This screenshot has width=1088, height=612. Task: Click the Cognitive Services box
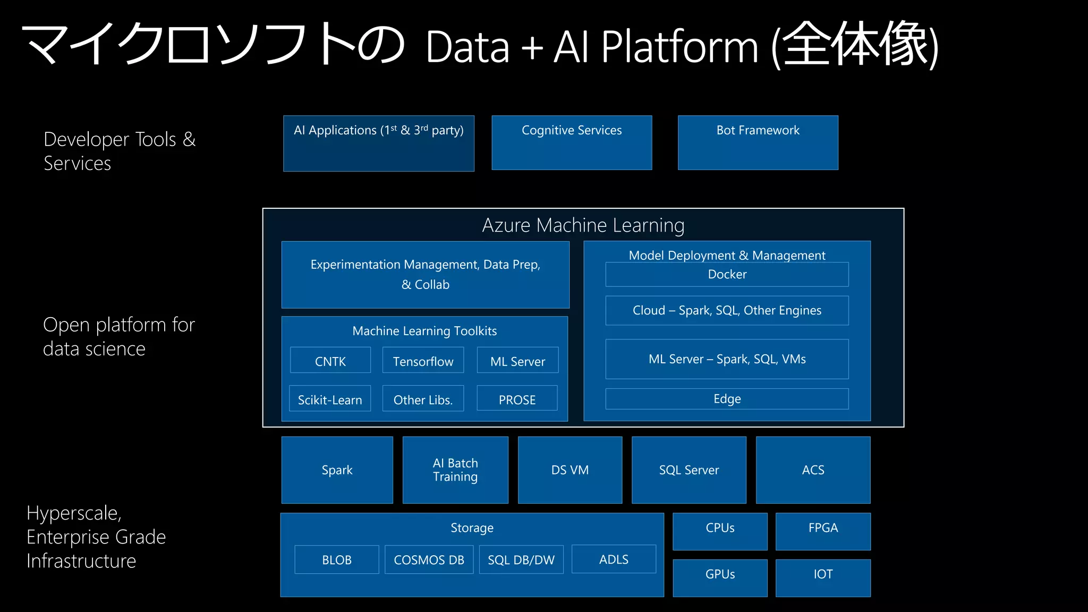coord(572,142)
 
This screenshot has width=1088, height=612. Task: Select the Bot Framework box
coord(758,142)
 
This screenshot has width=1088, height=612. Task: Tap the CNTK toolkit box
coord(330,361)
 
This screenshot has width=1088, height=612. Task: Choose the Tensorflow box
coord(423,361)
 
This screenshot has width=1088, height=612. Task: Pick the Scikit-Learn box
coord(330,399)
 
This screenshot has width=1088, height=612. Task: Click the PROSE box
coord(517,399)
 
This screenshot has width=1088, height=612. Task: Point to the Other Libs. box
coord(423,399)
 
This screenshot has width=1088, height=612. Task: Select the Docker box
coord(727,274)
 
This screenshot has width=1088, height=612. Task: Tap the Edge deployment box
coord(727,399)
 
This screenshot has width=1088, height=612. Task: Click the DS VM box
coord(569,470)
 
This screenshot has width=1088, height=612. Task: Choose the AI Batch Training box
coord(455,470)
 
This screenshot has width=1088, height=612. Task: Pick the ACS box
coord(813,470)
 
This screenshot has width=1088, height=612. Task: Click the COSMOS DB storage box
coord(429,559)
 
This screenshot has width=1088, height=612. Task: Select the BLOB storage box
coord(337,559)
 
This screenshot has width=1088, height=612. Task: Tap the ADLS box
coord(614,559)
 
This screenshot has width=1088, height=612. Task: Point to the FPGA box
coord(823,531)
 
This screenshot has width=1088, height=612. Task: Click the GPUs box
coord(720,577)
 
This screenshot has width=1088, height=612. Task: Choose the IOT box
coord(823,577)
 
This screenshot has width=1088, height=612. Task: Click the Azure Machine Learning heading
coord(583,225)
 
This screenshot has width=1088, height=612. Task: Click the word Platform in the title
coord(680,47)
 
